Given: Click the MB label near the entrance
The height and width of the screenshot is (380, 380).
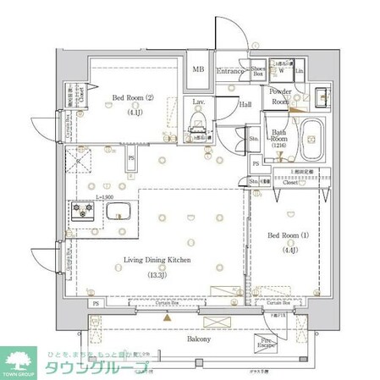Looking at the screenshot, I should pos(198,70).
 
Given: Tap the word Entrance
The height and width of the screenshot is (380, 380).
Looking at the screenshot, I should pos(230,71).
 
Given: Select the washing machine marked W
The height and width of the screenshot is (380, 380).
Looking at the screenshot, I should pos(282,72).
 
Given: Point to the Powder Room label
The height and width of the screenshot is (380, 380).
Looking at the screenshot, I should pos(280,95).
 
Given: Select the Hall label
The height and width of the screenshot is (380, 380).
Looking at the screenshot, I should pos(245,104).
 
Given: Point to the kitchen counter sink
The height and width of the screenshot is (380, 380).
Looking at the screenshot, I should pos(119,210).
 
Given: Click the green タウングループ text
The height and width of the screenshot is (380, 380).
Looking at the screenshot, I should pos(98,367).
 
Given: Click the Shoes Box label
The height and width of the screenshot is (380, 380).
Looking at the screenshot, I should pos(259,71).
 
